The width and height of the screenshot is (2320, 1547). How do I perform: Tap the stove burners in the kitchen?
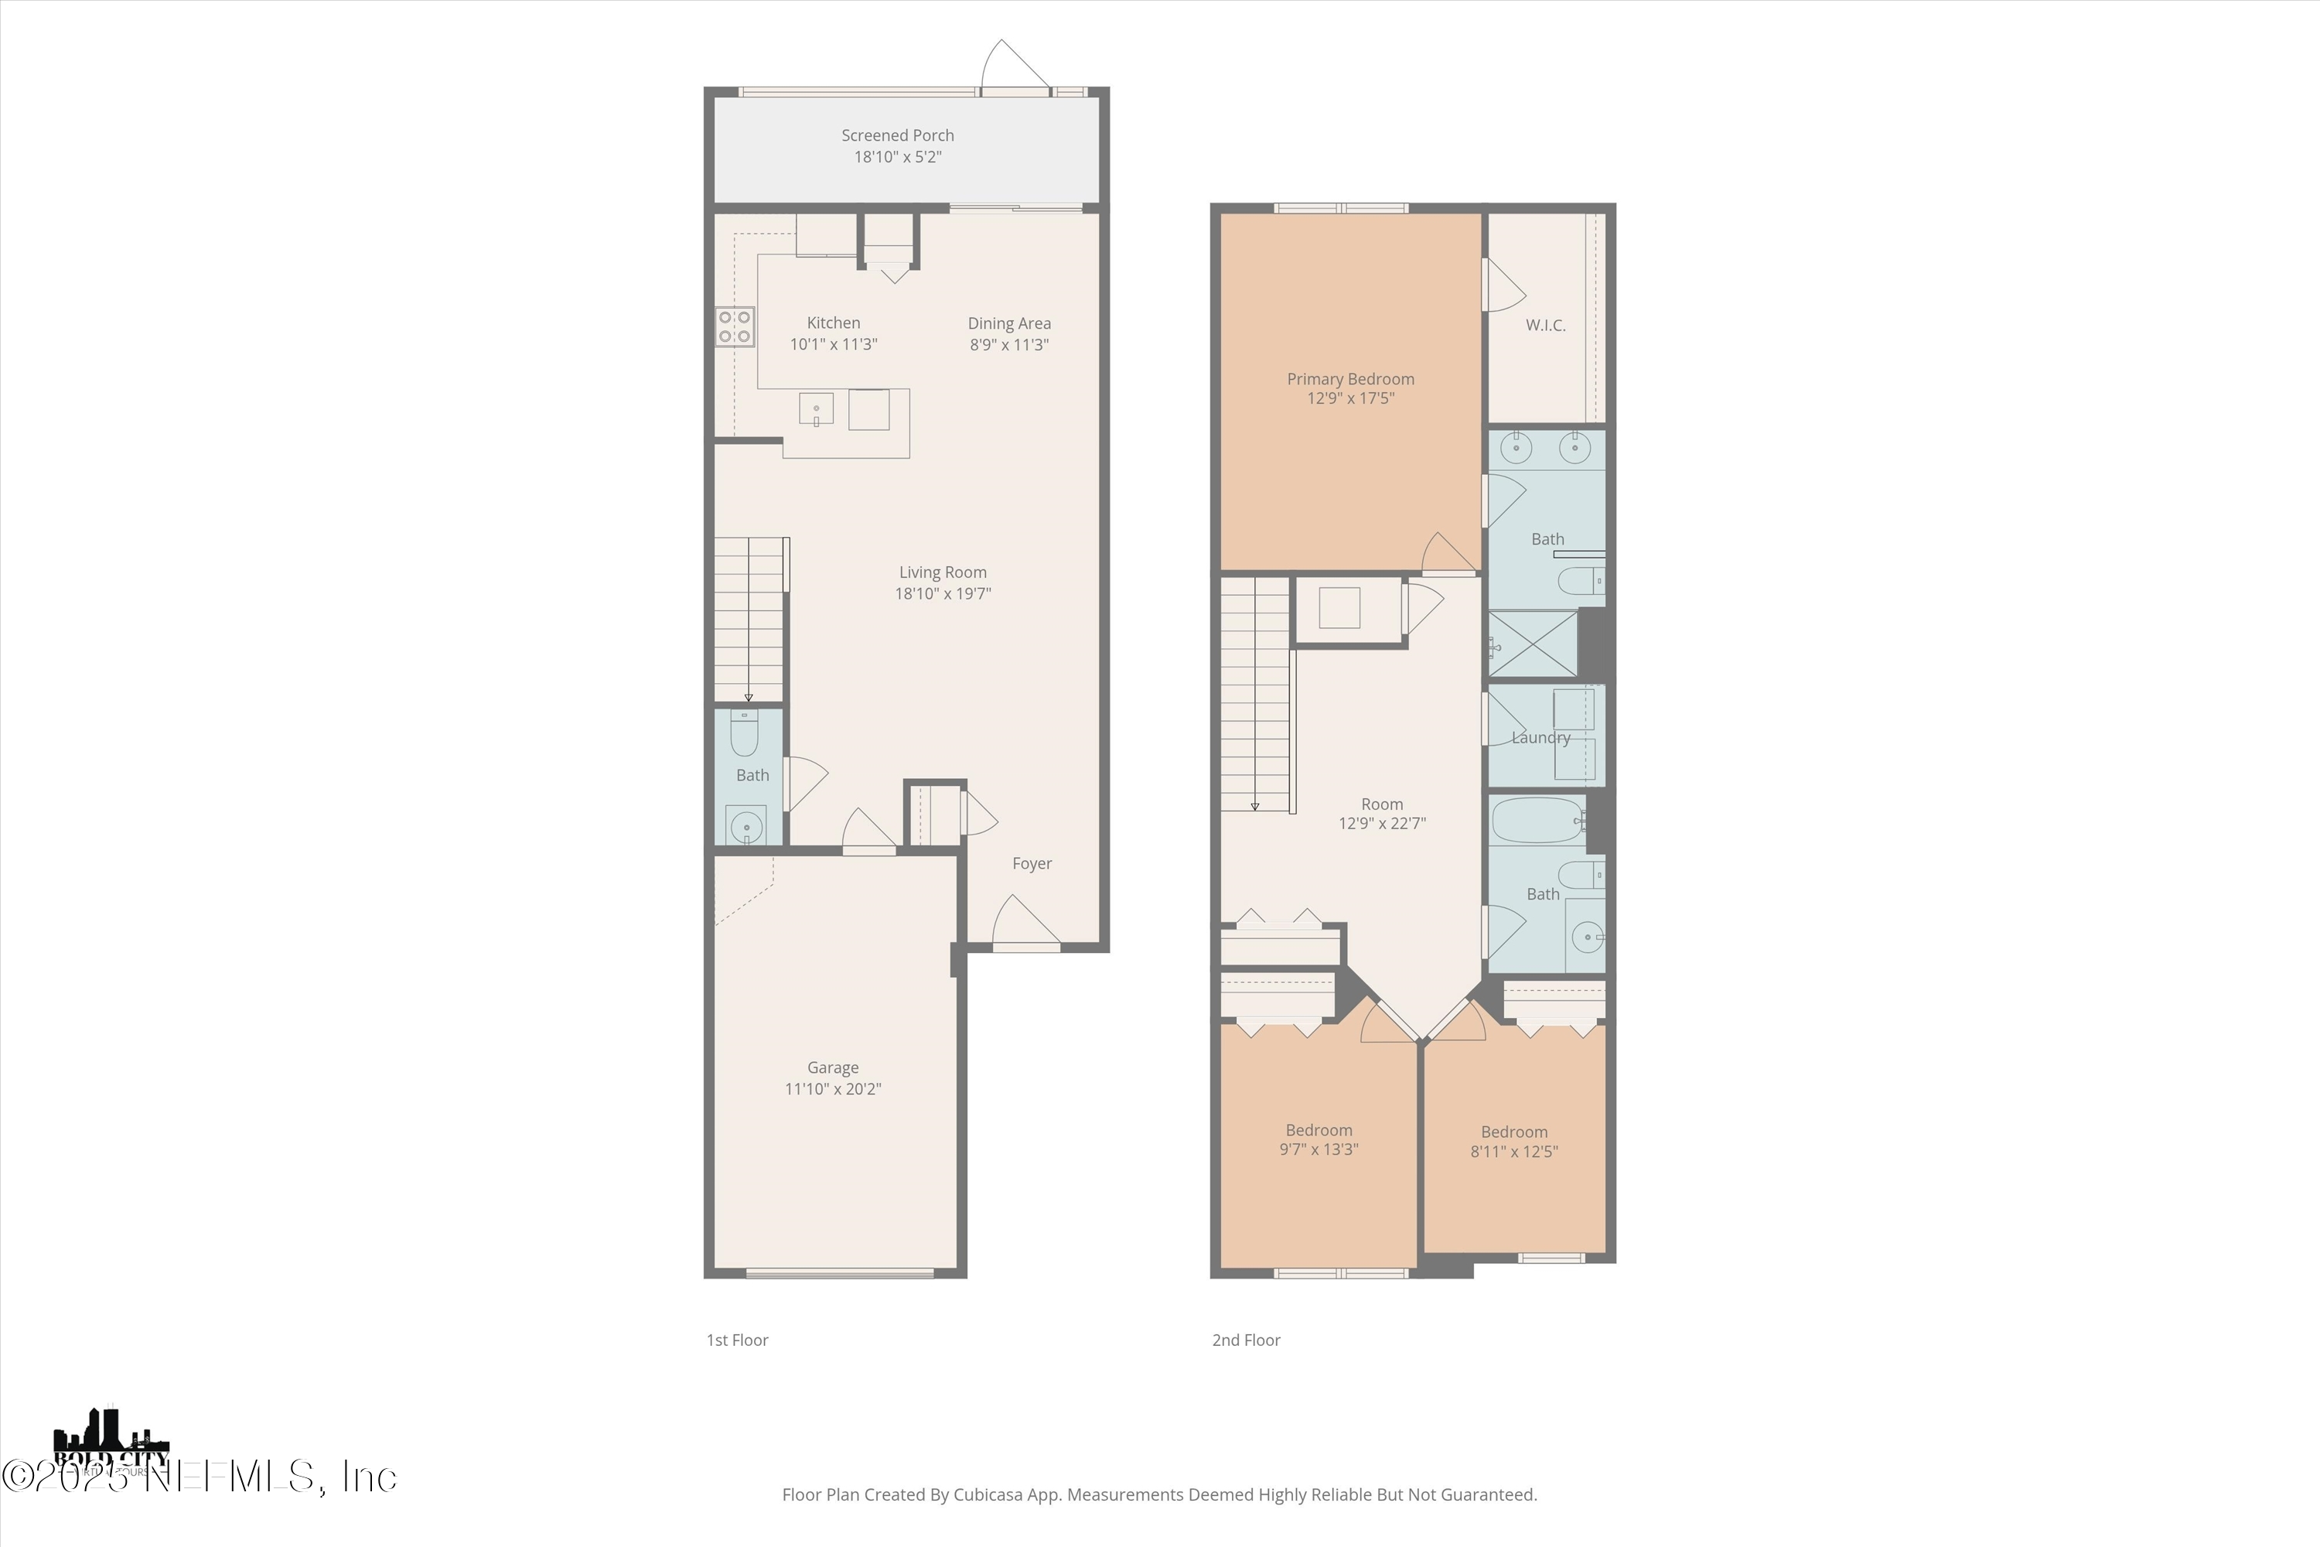click(x=735, y=326)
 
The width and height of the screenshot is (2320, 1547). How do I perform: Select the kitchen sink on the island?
click(x=816, y=408)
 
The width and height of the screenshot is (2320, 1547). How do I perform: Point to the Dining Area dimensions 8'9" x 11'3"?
click(x=1008, y=344)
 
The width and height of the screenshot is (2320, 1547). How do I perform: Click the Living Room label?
click(x=942, y=572)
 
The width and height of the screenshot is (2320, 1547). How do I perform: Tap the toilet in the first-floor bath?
click(x=745, y=734)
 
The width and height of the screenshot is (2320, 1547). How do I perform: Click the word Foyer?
click(x=1032, y=863)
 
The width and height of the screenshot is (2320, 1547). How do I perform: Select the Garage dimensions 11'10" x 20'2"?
click(x=833, y=1089)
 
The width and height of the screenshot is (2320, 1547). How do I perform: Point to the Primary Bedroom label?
click(x=1349, y=379)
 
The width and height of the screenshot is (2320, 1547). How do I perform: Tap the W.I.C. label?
click(x=1544, y=325)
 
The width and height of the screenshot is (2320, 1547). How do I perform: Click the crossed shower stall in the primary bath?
click(x=1533, y=644)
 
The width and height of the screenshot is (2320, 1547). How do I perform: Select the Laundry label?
click(x=1540, y=737)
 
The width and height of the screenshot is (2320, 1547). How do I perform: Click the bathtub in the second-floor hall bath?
click(x=1536, y=820)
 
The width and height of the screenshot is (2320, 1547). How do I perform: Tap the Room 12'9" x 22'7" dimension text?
click(x=1381, y=823)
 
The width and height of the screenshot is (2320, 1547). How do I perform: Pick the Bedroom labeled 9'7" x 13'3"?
click(x=1318, y=1139)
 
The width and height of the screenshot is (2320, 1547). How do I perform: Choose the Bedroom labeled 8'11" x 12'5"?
click(x=1513, y=1142)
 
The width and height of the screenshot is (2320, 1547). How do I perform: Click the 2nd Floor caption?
click(x=1246, y=1340)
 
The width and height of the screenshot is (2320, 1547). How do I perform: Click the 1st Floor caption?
click(x=737, y=1340)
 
